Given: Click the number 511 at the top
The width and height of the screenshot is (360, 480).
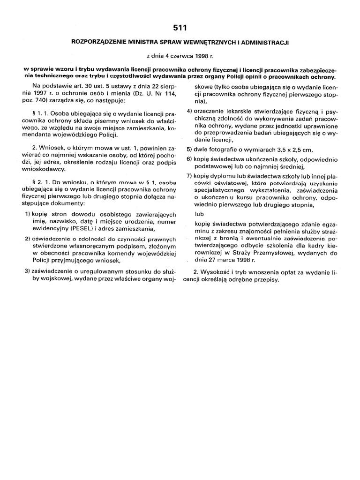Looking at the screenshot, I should (180, 28).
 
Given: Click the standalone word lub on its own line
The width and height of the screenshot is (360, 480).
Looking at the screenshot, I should (199, 214).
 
